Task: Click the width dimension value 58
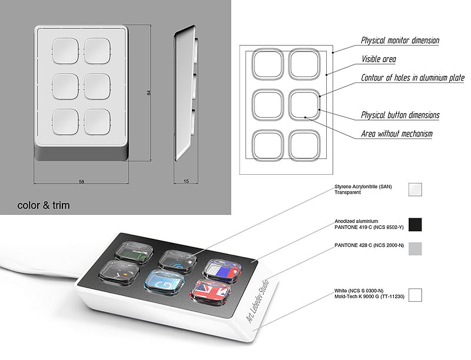81,182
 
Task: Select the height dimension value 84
148,93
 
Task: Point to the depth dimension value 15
186,181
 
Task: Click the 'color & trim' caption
44,205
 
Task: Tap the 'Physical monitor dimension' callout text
400,40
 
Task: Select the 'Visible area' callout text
379,59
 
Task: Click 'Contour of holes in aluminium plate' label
413,78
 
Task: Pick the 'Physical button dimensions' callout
400,115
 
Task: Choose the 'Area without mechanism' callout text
397,134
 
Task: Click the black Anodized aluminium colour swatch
415,225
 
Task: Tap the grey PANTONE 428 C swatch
415,249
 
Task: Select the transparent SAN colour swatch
415,189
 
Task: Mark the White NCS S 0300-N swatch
415,295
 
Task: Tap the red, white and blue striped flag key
223,271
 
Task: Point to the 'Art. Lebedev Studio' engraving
257,301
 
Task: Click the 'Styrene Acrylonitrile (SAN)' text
363,186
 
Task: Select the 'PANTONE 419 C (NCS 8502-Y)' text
369,227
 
